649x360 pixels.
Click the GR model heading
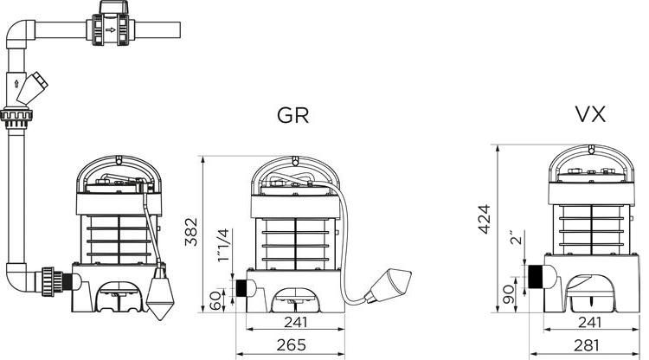point(292,115)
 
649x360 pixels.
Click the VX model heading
point(591,113)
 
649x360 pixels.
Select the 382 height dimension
point(191,232)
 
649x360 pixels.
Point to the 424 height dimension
point(485,219)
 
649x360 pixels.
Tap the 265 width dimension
point(292,344)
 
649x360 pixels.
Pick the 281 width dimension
point(587,345)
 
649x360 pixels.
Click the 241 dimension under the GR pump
point(296,322)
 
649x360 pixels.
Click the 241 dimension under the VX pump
point(589,322)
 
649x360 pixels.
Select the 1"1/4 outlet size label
point(224,245)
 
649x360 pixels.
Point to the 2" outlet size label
point(517,238)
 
